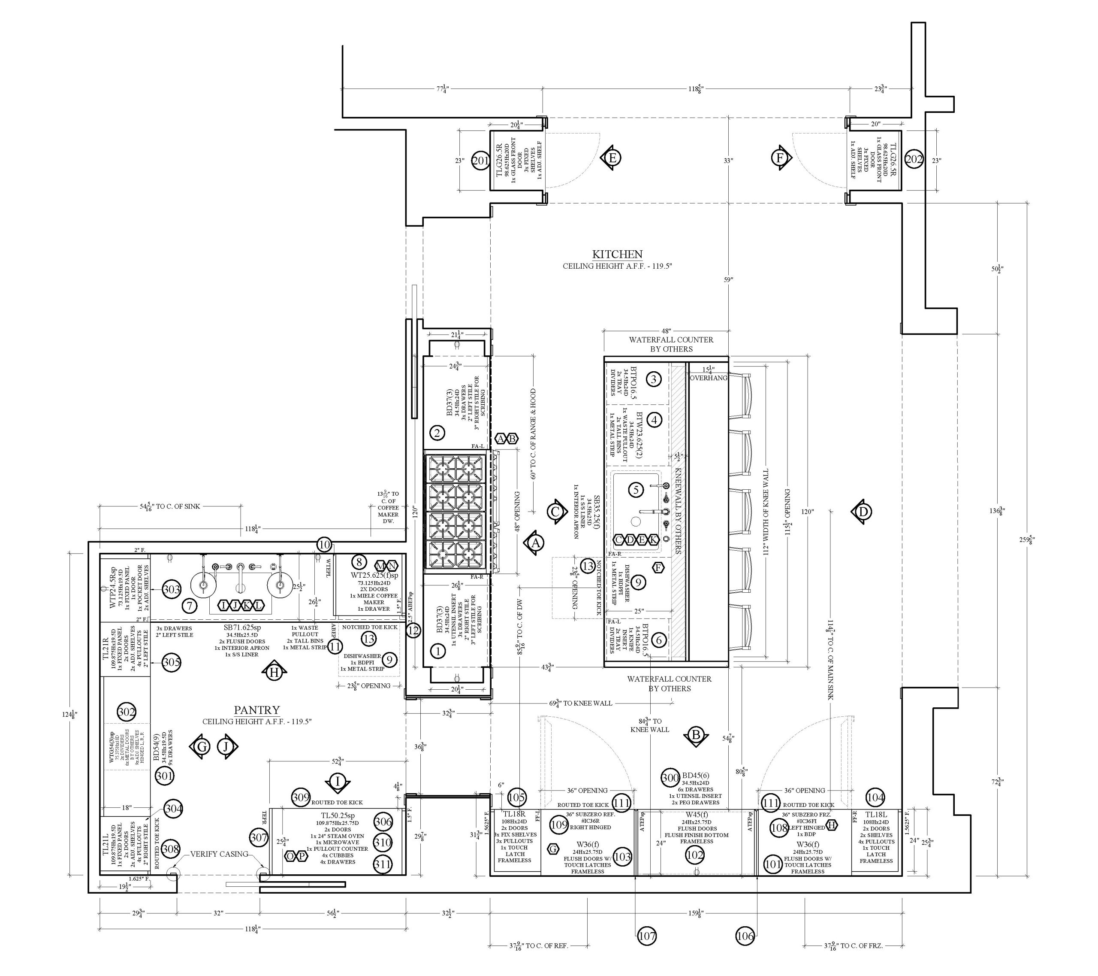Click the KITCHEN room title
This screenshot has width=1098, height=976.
point(617,254)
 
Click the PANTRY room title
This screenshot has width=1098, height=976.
point(257,710)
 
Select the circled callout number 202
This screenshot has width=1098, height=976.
point(914,159)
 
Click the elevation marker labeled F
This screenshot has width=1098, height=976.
point(780,158)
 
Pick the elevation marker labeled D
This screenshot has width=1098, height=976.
point(863,512)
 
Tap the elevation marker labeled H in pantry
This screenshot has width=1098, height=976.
point(274,672)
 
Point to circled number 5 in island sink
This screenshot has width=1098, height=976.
point(636,490)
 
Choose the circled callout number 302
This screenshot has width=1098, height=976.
point(126,712)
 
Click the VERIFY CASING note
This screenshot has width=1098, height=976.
point(219,854)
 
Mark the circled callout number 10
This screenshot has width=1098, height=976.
point(324,544)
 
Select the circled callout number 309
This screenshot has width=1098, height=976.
point(301,797)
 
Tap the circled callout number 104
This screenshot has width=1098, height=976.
point(875,797)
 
